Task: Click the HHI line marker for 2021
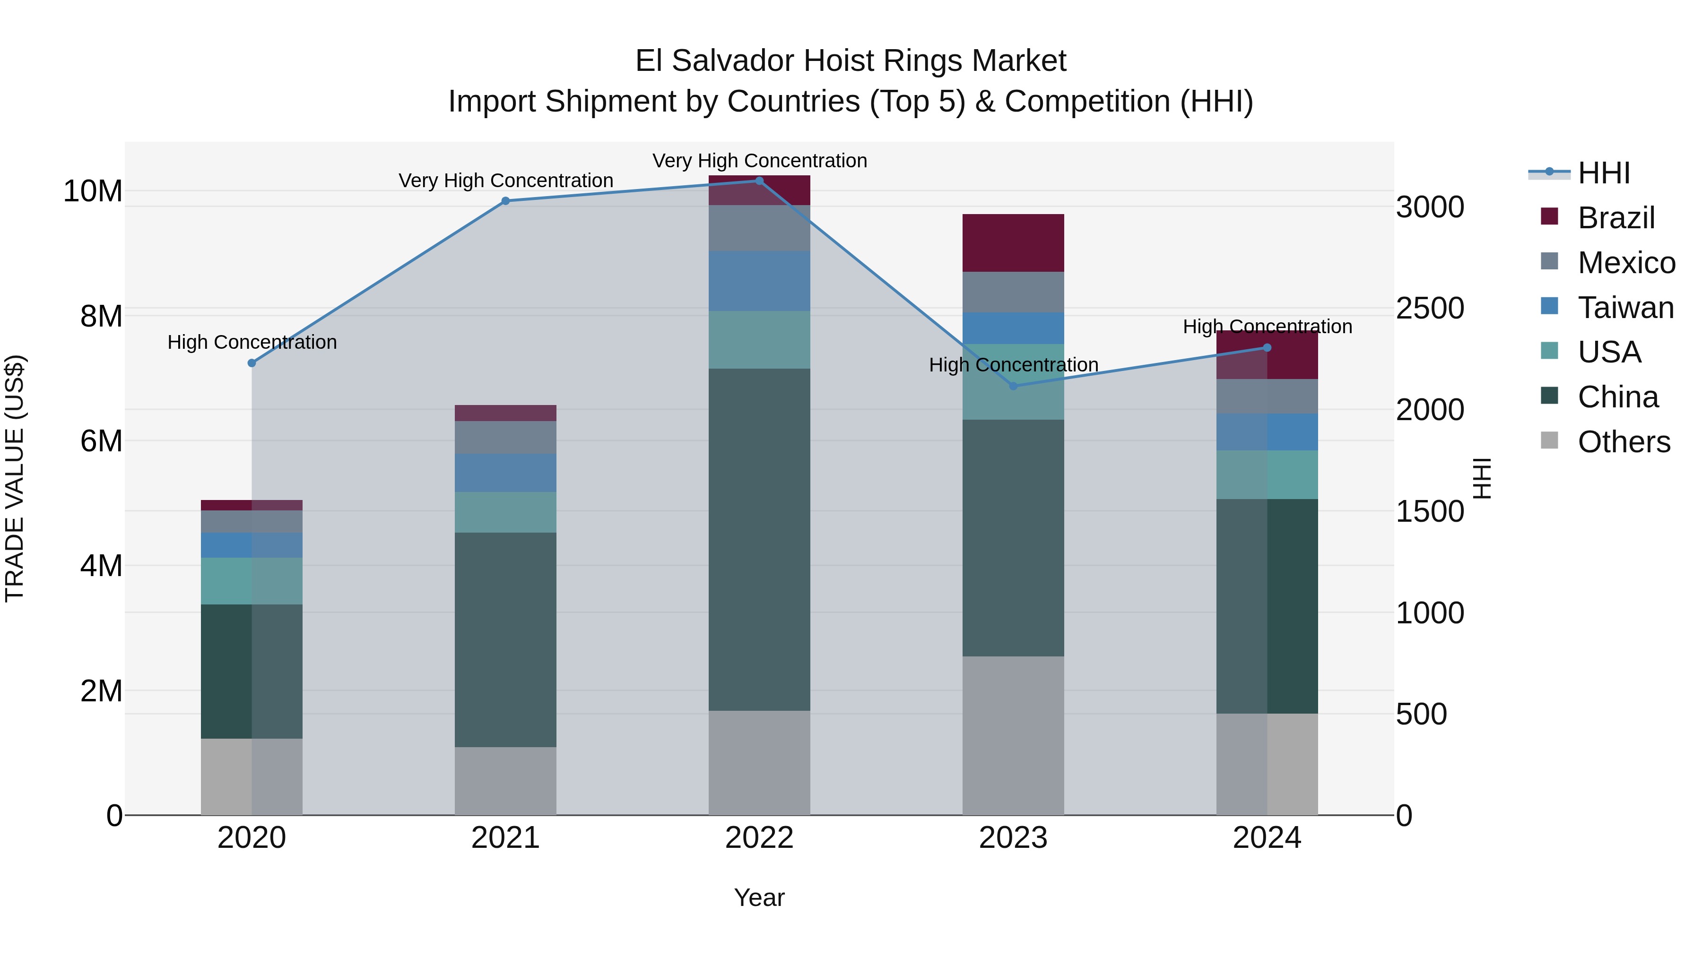505,201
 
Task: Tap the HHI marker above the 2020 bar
252,362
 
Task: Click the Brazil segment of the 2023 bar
1013,243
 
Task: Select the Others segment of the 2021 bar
505,781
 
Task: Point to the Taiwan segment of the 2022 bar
759,281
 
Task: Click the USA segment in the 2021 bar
505,512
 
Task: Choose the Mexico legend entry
1625,263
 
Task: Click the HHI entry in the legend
1603,173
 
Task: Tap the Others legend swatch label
1624,442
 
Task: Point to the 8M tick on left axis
101,316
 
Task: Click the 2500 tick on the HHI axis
1430,309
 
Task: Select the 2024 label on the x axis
1267,838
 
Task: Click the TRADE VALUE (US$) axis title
15,478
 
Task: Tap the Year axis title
759,897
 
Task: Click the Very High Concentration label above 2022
760,161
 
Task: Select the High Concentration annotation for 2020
252,342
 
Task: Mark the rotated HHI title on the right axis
1482,478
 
